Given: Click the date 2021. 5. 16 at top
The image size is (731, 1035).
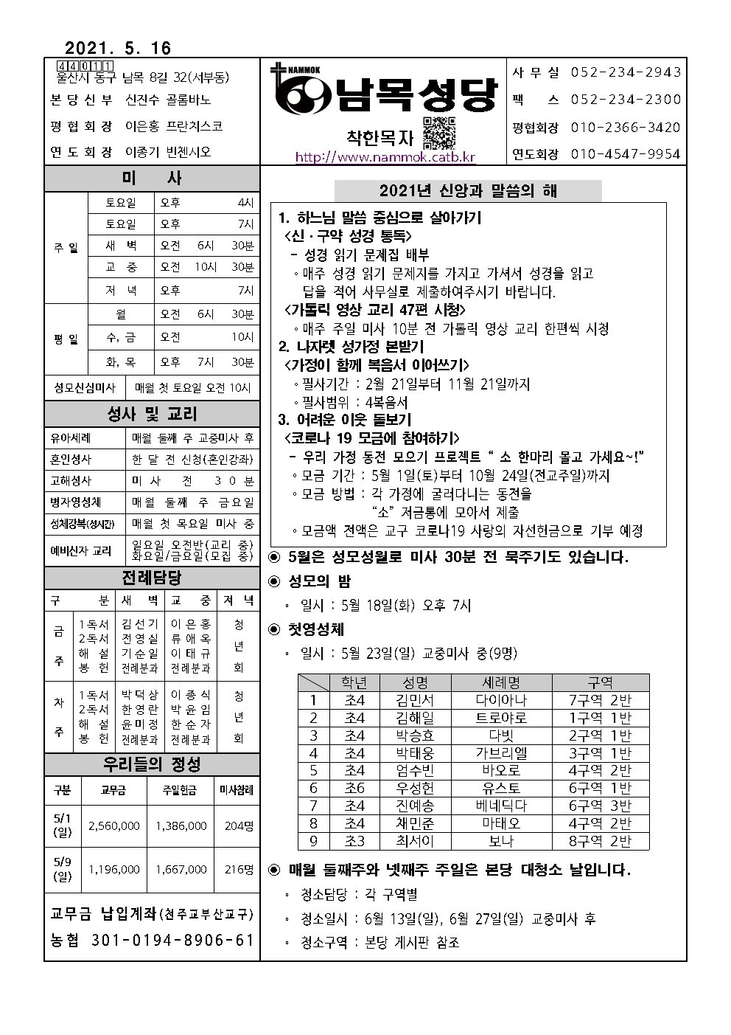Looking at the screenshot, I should [118, 49].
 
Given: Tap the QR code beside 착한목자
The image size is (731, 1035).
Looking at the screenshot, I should [440, 133].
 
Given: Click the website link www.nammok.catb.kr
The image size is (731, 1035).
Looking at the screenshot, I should [385, 157].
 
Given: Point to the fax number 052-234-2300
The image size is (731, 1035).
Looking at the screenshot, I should [626, 100].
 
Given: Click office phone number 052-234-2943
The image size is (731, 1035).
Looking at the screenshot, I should [626, 72].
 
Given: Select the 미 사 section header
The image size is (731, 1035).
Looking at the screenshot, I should [152, 179].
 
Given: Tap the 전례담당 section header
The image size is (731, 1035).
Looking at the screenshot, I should [152, 578].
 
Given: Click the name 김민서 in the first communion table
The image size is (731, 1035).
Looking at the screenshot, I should [415, 700].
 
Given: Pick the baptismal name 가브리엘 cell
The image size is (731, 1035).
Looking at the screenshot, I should [501, 753].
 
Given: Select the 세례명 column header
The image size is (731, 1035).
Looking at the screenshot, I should [501, 682].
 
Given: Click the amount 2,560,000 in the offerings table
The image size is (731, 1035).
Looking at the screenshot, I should [113, 825].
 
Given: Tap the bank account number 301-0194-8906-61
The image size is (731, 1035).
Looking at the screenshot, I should [172, 941].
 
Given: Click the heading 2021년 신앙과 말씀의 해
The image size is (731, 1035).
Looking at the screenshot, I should [468, 191].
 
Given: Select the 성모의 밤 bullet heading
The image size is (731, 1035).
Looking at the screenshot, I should [320, 581].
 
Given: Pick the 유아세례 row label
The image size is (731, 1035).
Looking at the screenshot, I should [71, 437].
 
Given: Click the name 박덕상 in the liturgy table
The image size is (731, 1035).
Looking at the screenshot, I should [139, 695].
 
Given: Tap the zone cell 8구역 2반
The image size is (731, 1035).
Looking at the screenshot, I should [600, 841].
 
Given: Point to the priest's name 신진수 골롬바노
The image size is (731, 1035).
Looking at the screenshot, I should [168, 100].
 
